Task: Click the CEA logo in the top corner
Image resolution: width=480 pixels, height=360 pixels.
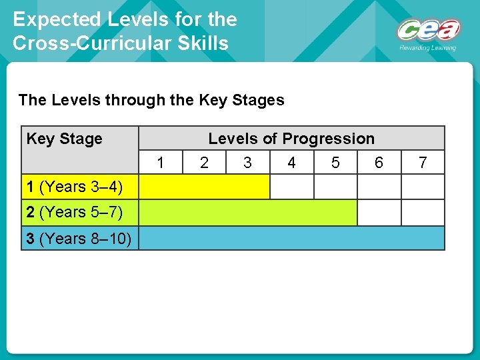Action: pyautogui.click(x=429, y=31)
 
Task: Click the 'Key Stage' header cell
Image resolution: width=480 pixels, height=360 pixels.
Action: pyautogui.click(x=64, y=139)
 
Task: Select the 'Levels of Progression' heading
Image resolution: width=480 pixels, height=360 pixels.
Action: pyautogui.click(x=291, y=139)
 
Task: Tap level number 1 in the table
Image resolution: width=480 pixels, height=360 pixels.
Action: pyautogui.click(x=160, y=162)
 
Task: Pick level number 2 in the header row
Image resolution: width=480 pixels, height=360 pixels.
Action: pyautogui.click(x=204, y=162)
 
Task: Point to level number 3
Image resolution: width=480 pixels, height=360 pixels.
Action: pyautogui.click(x=247, y=162)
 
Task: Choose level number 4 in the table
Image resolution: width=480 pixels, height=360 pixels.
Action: pyautogui.click(x=291, y=162)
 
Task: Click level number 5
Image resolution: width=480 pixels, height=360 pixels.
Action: pyautogui.click(x=335, y=162)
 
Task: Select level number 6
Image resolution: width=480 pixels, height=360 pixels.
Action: pyautogui.click(x=379, y=162)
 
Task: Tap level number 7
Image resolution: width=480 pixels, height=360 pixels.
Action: pyautogui.click(x=423, y=162)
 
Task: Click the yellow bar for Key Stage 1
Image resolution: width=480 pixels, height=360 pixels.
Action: pyautogui.click(x=204, y=187)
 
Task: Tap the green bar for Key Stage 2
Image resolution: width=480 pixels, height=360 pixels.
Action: pyautogui.click(x=247, y=212)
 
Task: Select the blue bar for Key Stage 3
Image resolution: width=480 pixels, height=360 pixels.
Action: pyautogui.click(x=291, y=238)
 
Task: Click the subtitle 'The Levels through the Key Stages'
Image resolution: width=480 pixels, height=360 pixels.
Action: pyautogui.click(x=151, y=100)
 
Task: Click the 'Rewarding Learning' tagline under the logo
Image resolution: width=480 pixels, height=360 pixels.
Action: pyautogui.click(x=427, y=48)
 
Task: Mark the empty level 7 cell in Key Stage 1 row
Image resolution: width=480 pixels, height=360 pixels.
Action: pyautogui.click(x=423, y=187)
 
